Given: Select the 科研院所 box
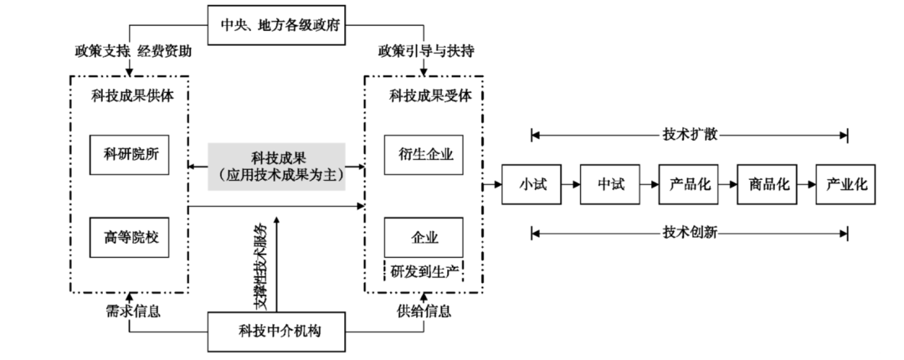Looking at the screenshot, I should point(131,154).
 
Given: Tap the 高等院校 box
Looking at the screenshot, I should point(131,237).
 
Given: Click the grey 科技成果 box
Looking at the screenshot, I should point(275,166).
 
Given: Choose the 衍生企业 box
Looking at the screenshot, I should point(424,154).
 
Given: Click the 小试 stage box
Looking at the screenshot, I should point(532,184).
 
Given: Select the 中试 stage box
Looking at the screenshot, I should point(611,184).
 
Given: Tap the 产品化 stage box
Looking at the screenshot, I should point(690,184).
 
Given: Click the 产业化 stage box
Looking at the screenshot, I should point(847,184).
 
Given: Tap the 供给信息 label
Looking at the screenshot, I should point(424,311).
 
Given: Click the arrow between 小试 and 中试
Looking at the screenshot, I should point(571,184).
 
